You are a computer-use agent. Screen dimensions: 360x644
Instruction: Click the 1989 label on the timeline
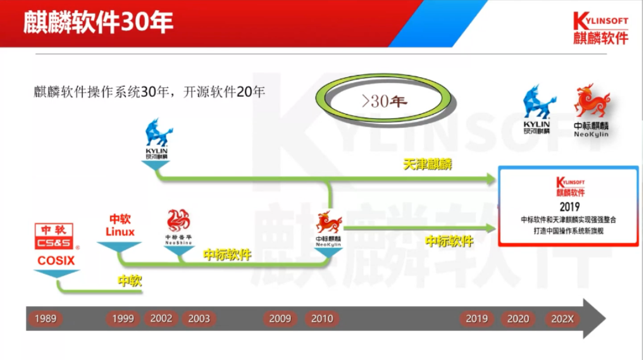click(x=46, y=319)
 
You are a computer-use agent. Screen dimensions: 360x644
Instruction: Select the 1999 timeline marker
click(x=123, y=319)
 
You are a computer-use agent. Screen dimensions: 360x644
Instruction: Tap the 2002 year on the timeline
click(x=161, y=318)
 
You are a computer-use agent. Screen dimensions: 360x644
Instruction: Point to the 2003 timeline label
click(x=199, y=319)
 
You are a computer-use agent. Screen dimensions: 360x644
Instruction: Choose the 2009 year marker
click(x=280, y=319)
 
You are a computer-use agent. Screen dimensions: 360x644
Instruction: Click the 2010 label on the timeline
click(x=322, y=319)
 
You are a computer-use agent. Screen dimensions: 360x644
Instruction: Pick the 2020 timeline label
click(x=518, y=319)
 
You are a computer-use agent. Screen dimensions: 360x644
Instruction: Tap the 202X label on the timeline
click(x=562, y=319)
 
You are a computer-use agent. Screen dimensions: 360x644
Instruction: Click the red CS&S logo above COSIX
click(x=56, y=237)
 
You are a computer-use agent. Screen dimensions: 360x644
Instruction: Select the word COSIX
click(x=56, y=260)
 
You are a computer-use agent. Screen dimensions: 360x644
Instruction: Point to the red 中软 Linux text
click(x=120, y=225)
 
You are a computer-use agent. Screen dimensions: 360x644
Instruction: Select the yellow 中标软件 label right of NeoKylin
click(x=449, y=241)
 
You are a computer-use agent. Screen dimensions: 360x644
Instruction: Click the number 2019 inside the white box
click(x=569, y=207)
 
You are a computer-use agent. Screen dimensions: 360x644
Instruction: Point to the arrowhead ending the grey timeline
click(x=594, y=318)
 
